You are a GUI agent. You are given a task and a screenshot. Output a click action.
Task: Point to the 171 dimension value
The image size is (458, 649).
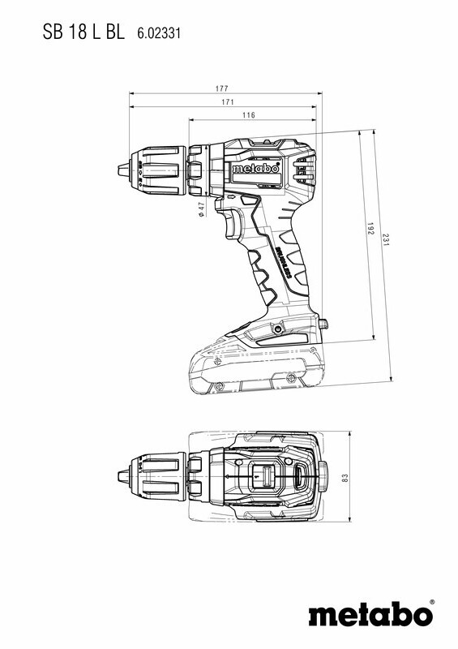point(229,102)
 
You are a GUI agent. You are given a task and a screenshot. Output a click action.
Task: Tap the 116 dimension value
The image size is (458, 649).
point(248,116)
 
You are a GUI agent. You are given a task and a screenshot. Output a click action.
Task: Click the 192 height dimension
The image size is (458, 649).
point(370,231)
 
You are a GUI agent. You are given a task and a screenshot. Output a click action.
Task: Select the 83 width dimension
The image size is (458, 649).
point(345,479)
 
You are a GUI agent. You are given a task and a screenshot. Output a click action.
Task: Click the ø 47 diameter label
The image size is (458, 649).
point(201,209)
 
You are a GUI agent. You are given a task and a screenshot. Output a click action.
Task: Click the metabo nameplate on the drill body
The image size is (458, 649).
point(255,170)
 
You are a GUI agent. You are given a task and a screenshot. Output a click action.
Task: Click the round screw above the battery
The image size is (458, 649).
point(278,330)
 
